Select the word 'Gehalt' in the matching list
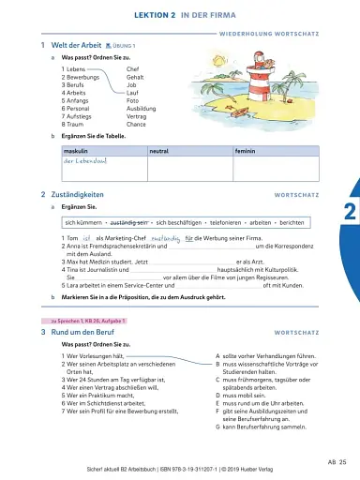138,77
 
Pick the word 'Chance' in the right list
137,123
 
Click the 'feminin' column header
245,150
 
